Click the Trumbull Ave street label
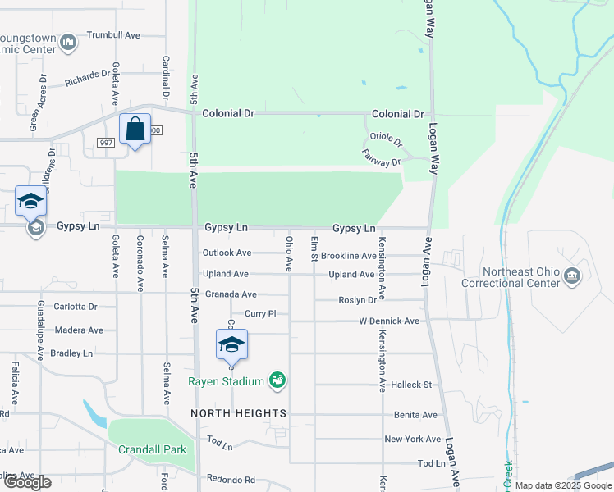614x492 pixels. tap(114, 35)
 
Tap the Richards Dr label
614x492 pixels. tap(88, 80)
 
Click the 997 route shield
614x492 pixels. tap(104, 143)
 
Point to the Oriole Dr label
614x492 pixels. tap(387, 140)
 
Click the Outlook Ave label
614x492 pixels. tap(227, 253)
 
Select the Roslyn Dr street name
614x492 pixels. tap(357, 301)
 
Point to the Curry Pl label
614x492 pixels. tap(259, 314)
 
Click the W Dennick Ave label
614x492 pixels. tap(389, 321)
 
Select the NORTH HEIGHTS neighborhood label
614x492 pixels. tap(239, 412)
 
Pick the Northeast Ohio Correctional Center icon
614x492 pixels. tap(572, 278)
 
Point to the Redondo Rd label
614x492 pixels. tap(231, 480)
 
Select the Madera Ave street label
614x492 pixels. tap(79, 330)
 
